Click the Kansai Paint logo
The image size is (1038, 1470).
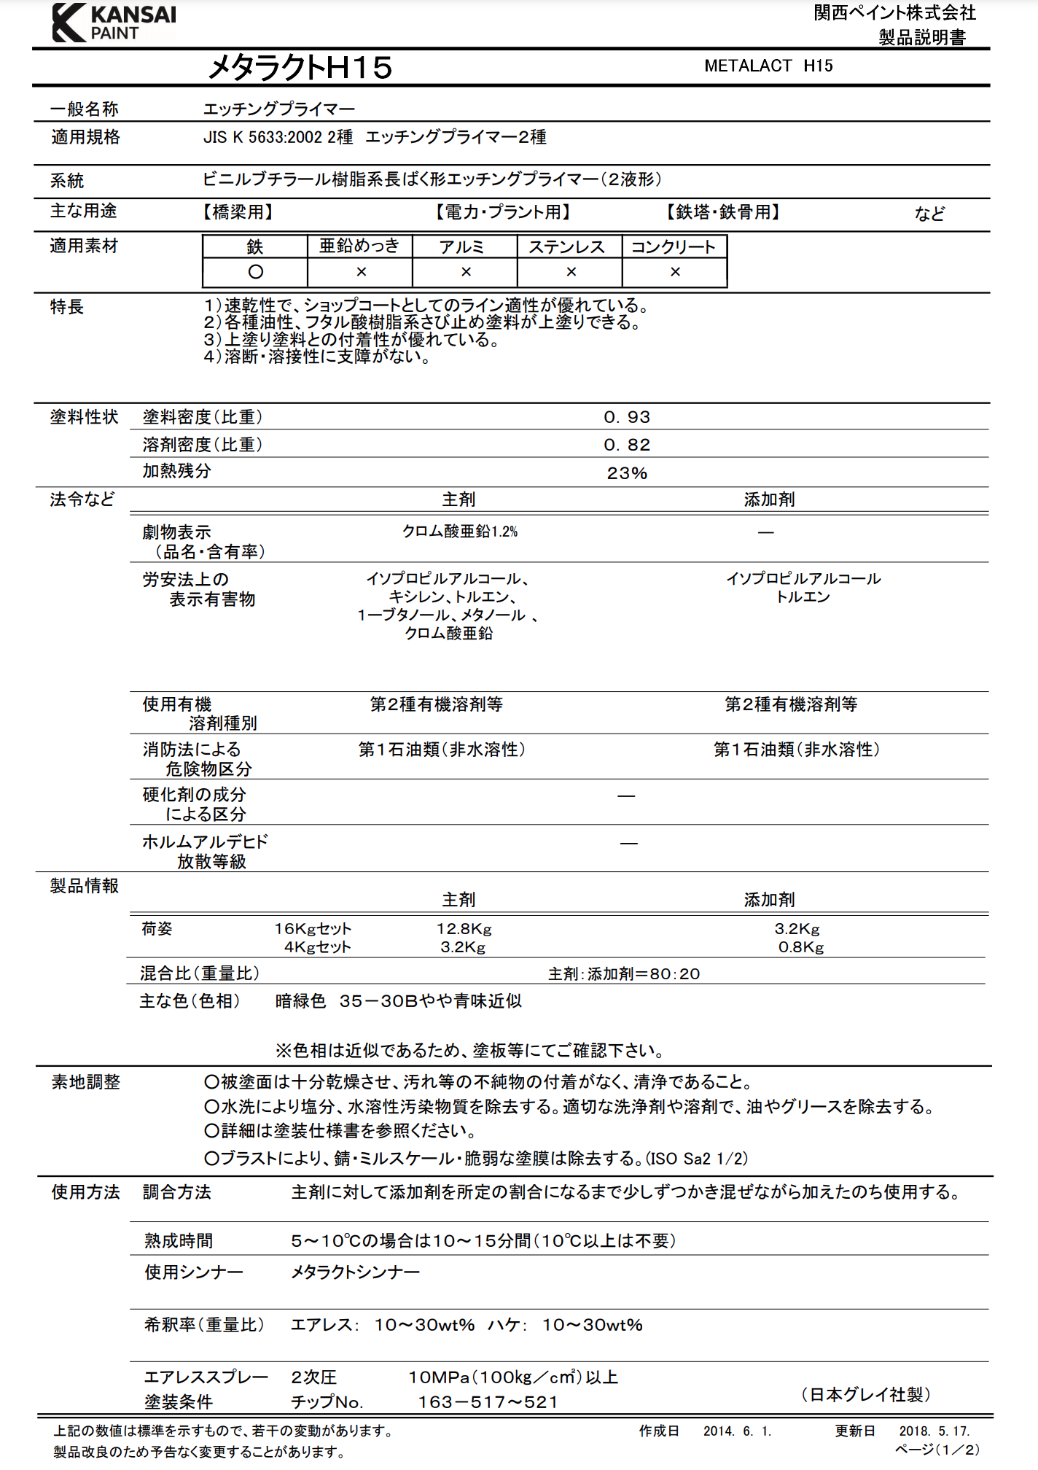(114, 23)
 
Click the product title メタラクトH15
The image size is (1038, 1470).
(300, 68)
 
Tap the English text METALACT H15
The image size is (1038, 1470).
(768, 66)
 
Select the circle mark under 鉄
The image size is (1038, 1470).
(255, 272)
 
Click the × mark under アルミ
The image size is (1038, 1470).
(466, 272)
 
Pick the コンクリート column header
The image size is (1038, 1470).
(674, 247)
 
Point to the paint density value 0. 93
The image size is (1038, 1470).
(627, 417)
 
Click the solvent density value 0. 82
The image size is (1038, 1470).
(627, 445)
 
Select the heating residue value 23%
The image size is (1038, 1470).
(627, 473)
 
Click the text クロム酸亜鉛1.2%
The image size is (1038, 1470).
(460, 532)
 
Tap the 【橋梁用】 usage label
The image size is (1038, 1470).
(238, 212)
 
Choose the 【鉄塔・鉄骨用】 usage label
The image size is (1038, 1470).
(723, 212)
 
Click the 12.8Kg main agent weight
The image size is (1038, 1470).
(464, 929)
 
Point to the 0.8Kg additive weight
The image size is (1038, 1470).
(801, 947)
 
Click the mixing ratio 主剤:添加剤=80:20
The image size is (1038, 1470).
(624, 974)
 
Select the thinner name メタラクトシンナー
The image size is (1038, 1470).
(355, 1272)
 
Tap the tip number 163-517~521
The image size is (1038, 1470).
(488, 1402)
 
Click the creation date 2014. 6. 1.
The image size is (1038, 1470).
(737, 1431)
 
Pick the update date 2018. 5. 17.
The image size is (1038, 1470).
(934, 1431)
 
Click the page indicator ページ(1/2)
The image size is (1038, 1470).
(937, 1450)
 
